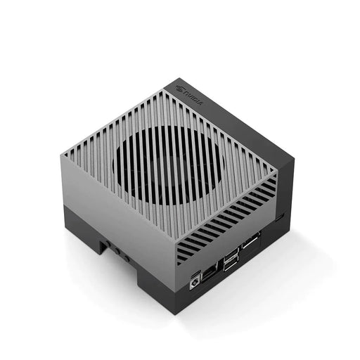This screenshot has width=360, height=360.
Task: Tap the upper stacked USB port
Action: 229,254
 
